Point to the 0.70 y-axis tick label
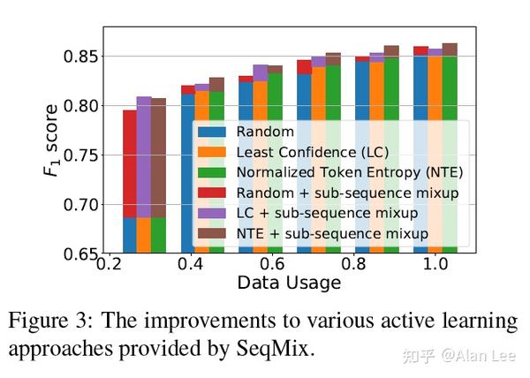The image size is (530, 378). pyautogui.click(x=79, y=205)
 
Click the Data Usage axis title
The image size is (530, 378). pyautogui.click(x=288, y=283)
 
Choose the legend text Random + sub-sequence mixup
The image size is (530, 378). pyautogui.click(x=339, y=193)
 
